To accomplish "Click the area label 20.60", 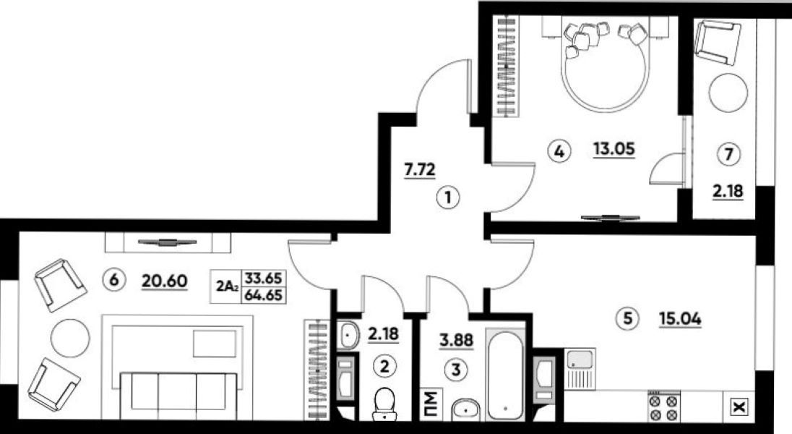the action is coord(165,281).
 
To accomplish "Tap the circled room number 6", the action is coord(113,279).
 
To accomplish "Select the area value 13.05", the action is coord(614,150).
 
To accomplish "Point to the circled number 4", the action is coord(559,150).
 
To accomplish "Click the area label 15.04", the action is coord(680,319).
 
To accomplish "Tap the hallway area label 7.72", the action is coord(420,170).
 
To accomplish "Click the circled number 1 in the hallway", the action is coord(448,197).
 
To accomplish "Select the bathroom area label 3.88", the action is coord(456,341).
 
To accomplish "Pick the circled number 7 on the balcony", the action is coord(728,154).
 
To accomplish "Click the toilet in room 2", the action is coord(385,404).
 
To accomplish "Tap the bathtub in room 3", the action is coord(505,373).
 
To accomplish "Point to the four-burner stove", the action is coord(663,407).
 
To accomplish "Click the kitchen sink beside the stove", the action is coord(580,368).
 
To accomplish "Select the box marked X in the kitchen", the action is coord(739,407).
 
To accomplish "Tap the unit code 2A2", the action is coord(227,287).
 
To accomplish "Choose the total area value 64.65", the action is coord(263,295).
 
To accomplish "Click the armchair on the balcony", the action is coord(718,43).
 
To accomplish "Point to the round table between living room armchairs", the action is coord(70,337).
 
